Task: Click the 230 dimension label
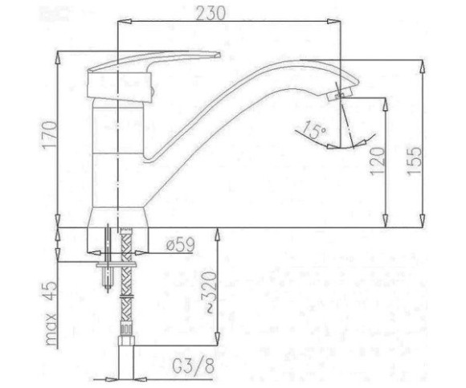click(x=211, y=13)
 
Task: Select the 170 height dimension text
click(x=48, y=134)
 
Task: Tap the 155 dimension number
click(x=414, y=161)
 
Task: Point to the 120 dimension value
click(x=378, y=161)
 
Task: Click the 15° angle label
click(x=314, y=130)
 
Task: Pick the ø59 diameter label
click(x=180, y=244)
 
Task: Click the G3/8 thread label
click(x=193, y=366)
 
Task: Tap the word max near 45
click(x=51, y=329)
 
